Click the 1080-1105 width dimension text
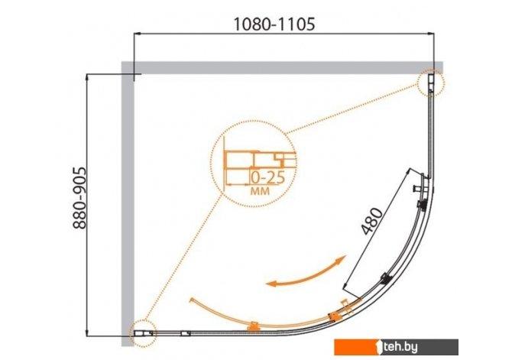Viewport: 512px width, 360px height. (274, 24)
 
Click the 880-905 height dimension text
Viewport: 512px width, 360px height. (79, 198)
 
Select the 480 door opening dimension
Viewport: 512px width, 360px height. (373, 221)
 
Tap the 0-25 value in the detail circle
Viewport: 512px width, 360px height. (268, 178)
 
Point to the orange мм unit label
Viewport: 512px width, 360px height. (260, 191)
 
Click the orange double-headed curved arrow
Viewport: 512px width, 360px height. (306, 272)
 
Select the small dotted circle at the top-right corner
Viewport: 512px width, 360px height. (431, 83)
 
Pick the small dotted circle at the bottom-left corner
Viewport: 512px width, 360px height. (143, 333)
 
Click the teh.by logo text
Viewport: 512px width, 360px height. (401, 347)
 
